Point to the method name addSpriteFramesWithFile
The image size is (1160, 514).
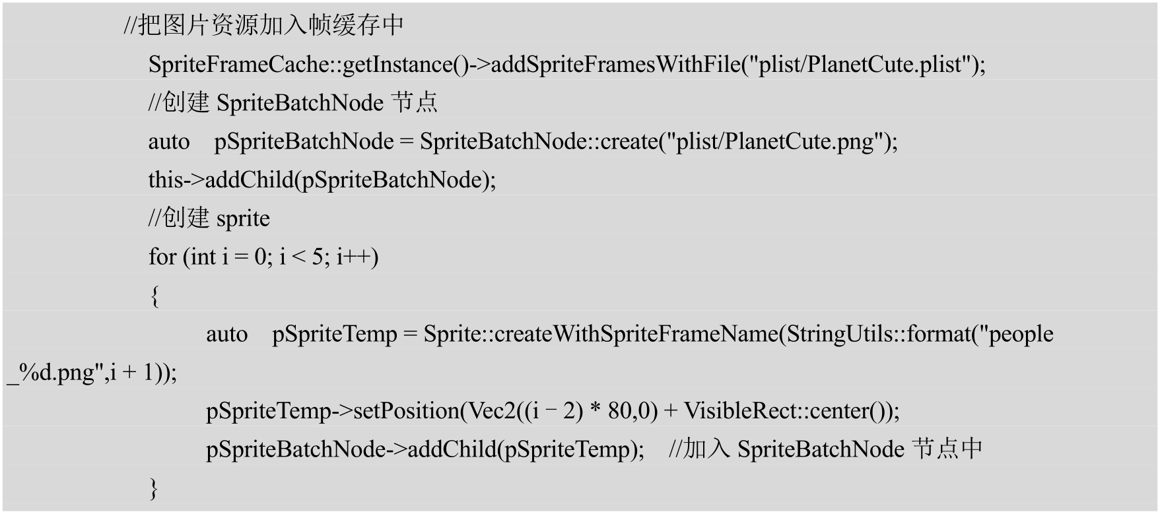[x=615, y=65]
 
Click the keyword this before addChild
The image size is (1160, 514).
[x=165, y=180]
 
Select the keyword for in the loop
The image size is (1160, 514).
[x=162, y=257]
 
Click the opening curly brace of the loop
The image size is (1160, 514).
[x=154, y=296]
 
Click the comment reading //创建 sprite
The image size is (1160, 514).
[x=209, y=218]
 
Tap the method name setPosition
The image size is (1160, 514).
[x=406, y=411]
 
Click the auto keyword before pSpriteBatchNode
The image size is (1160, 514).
[x=168, y=142]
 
